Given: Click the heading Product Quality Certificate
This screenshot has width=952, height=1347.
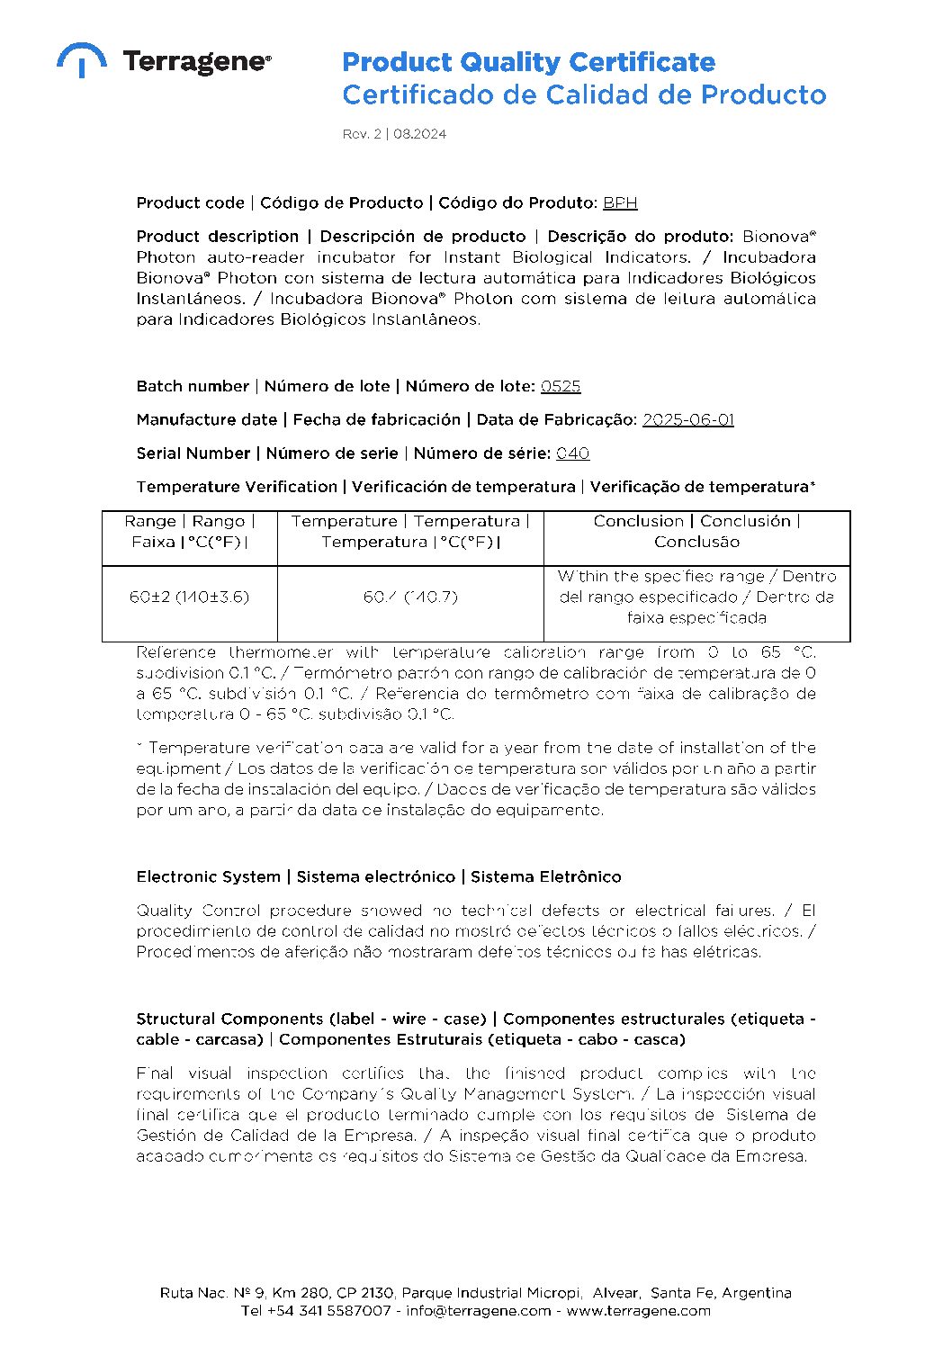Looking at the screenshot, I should [528, 62].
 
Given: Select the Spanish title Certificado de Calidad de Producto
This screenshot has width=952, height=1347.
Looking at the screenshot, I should [583, 94].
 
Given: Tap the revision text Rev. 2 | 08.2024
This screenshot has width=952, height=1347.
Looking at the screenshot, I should [394, 134].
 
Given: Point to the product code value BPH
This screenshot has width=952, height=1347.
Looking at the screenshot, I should [620, 202].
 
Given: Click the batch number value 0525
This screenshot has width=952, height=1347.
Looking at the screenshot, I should [561, 386].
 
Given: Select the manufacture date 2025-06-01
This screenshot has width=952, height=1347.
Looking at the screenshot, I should [687, 419].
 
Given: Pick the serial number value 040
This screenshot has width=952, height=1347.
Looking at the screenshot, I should [572, 453].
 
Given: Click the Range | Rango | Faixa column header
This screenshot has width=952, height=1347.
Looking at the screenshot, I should [190, 532].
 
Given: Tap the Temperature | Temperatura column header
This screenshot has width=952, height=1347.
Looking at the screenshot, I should [410, 532].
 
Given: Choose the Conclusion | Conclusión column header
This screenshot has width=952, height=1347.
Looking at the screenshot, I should [696, 532].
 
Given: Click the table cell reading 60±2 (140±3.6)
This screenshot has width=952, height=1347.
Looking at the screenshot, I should [190, 597].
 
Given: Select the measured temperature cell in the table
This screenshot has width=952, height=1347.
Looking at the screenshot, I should [410, 597].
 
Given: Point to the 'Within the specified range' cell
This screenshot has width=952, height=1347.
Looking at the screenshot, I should [696, 597].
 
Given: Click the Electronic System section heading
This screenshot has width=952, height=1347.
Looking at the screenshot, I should [379, 876].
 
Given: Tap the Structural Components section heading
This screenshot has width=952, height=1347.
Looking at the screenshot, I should [475, 1028].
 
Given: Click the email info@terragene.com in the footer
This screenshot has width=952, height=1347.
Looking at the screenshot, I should [478, 1310].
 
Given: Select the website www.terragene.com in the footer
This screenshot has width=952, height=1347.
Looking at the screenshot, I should [638, 1310].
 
